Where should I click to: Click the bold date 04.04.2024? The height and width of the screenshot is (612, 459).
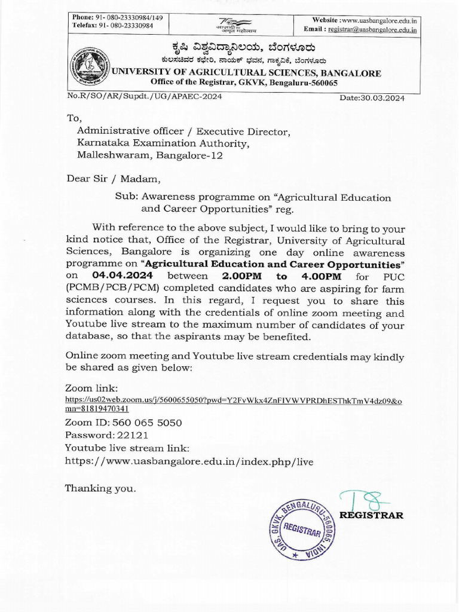[123, 276]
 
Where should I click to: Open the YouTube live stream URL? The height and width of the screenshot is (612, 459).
[189, 461]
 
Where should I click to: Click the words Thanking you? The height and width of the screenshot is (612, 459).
[100, 488]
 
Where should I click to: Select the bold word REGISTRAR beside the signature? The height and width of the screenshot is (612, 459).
[371, 515]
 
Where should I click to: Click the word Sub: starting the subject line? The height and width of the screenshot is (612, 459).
[126, 197]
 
